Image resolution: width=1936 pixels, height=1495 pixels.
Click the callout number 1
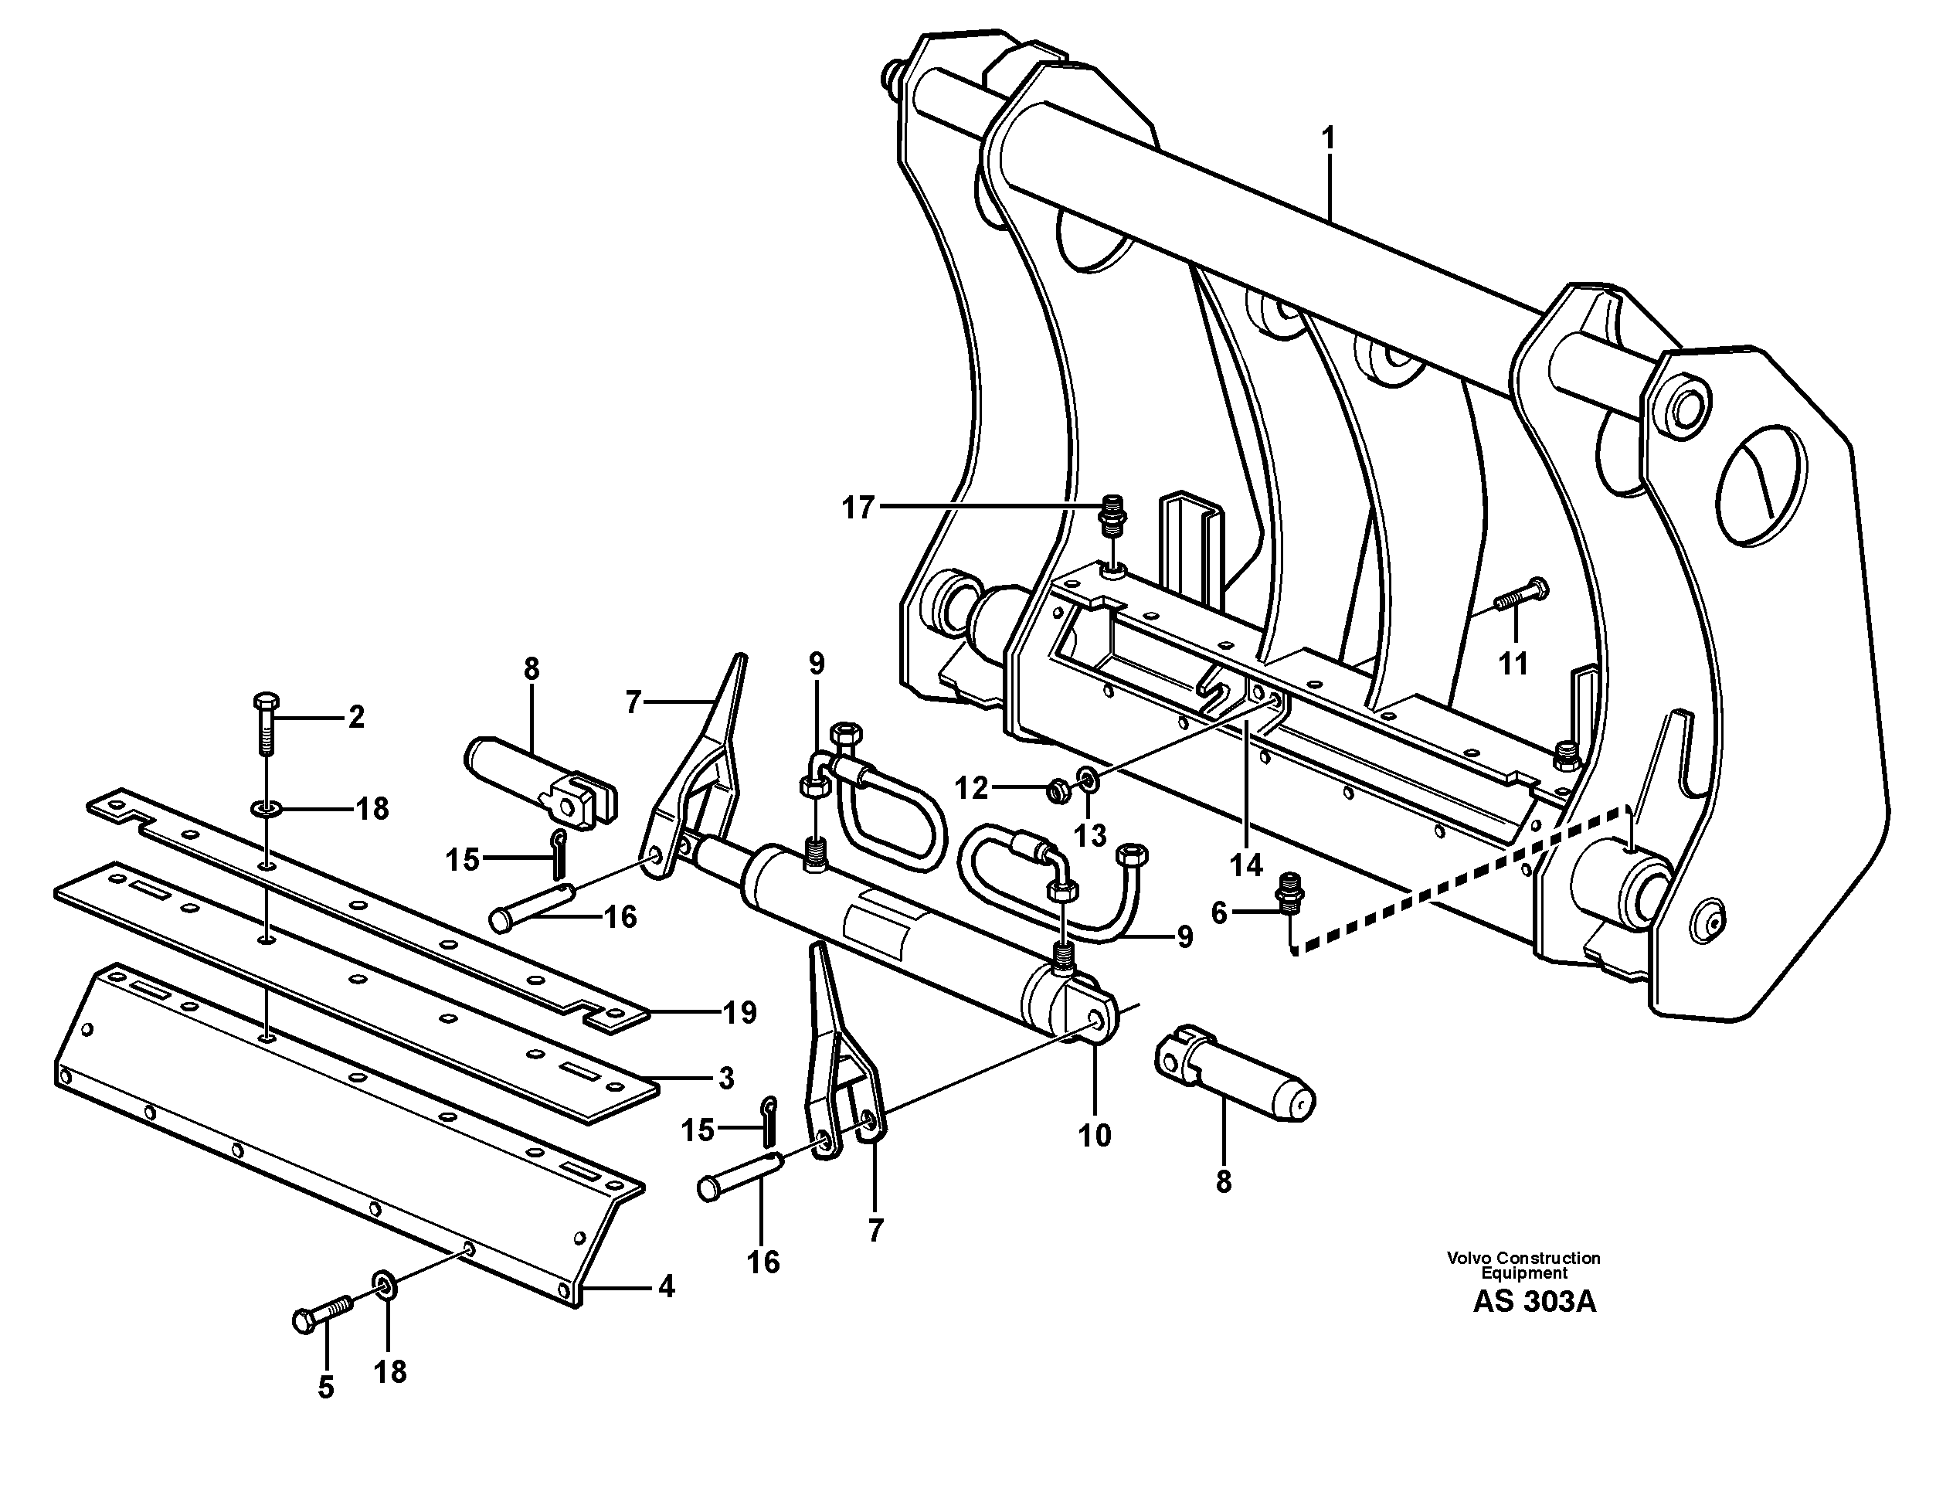pyautogui.click(x=1328, y=139)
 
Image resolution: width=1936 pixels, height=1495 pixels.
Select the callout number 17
pyautogui.click(x=858, y=508)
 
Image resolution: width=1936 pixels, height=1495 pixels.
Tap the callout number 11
pyautogui.click(x=1513, y=663)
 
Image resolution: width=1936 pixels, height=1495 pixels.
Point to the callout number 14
pyautogui.click(x=1246, y=865)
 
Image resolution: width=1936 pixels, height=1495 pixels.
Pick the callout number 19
pyautogui.click(x=740, y=1012)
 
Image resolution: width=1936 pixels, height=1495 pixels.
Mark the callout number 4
pyautogui.click(x=667, y=1286)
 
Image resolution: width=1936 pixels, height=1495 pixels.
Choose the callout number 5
pyautogui.click(x=326, y=1388)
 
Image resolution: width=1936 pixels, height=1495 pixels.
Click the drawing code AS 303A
pyautogui.click(x=1534, y=1302)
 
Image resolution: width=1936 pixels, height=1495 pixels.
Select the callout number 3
pyautogui.click(x=726, y=1079)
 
